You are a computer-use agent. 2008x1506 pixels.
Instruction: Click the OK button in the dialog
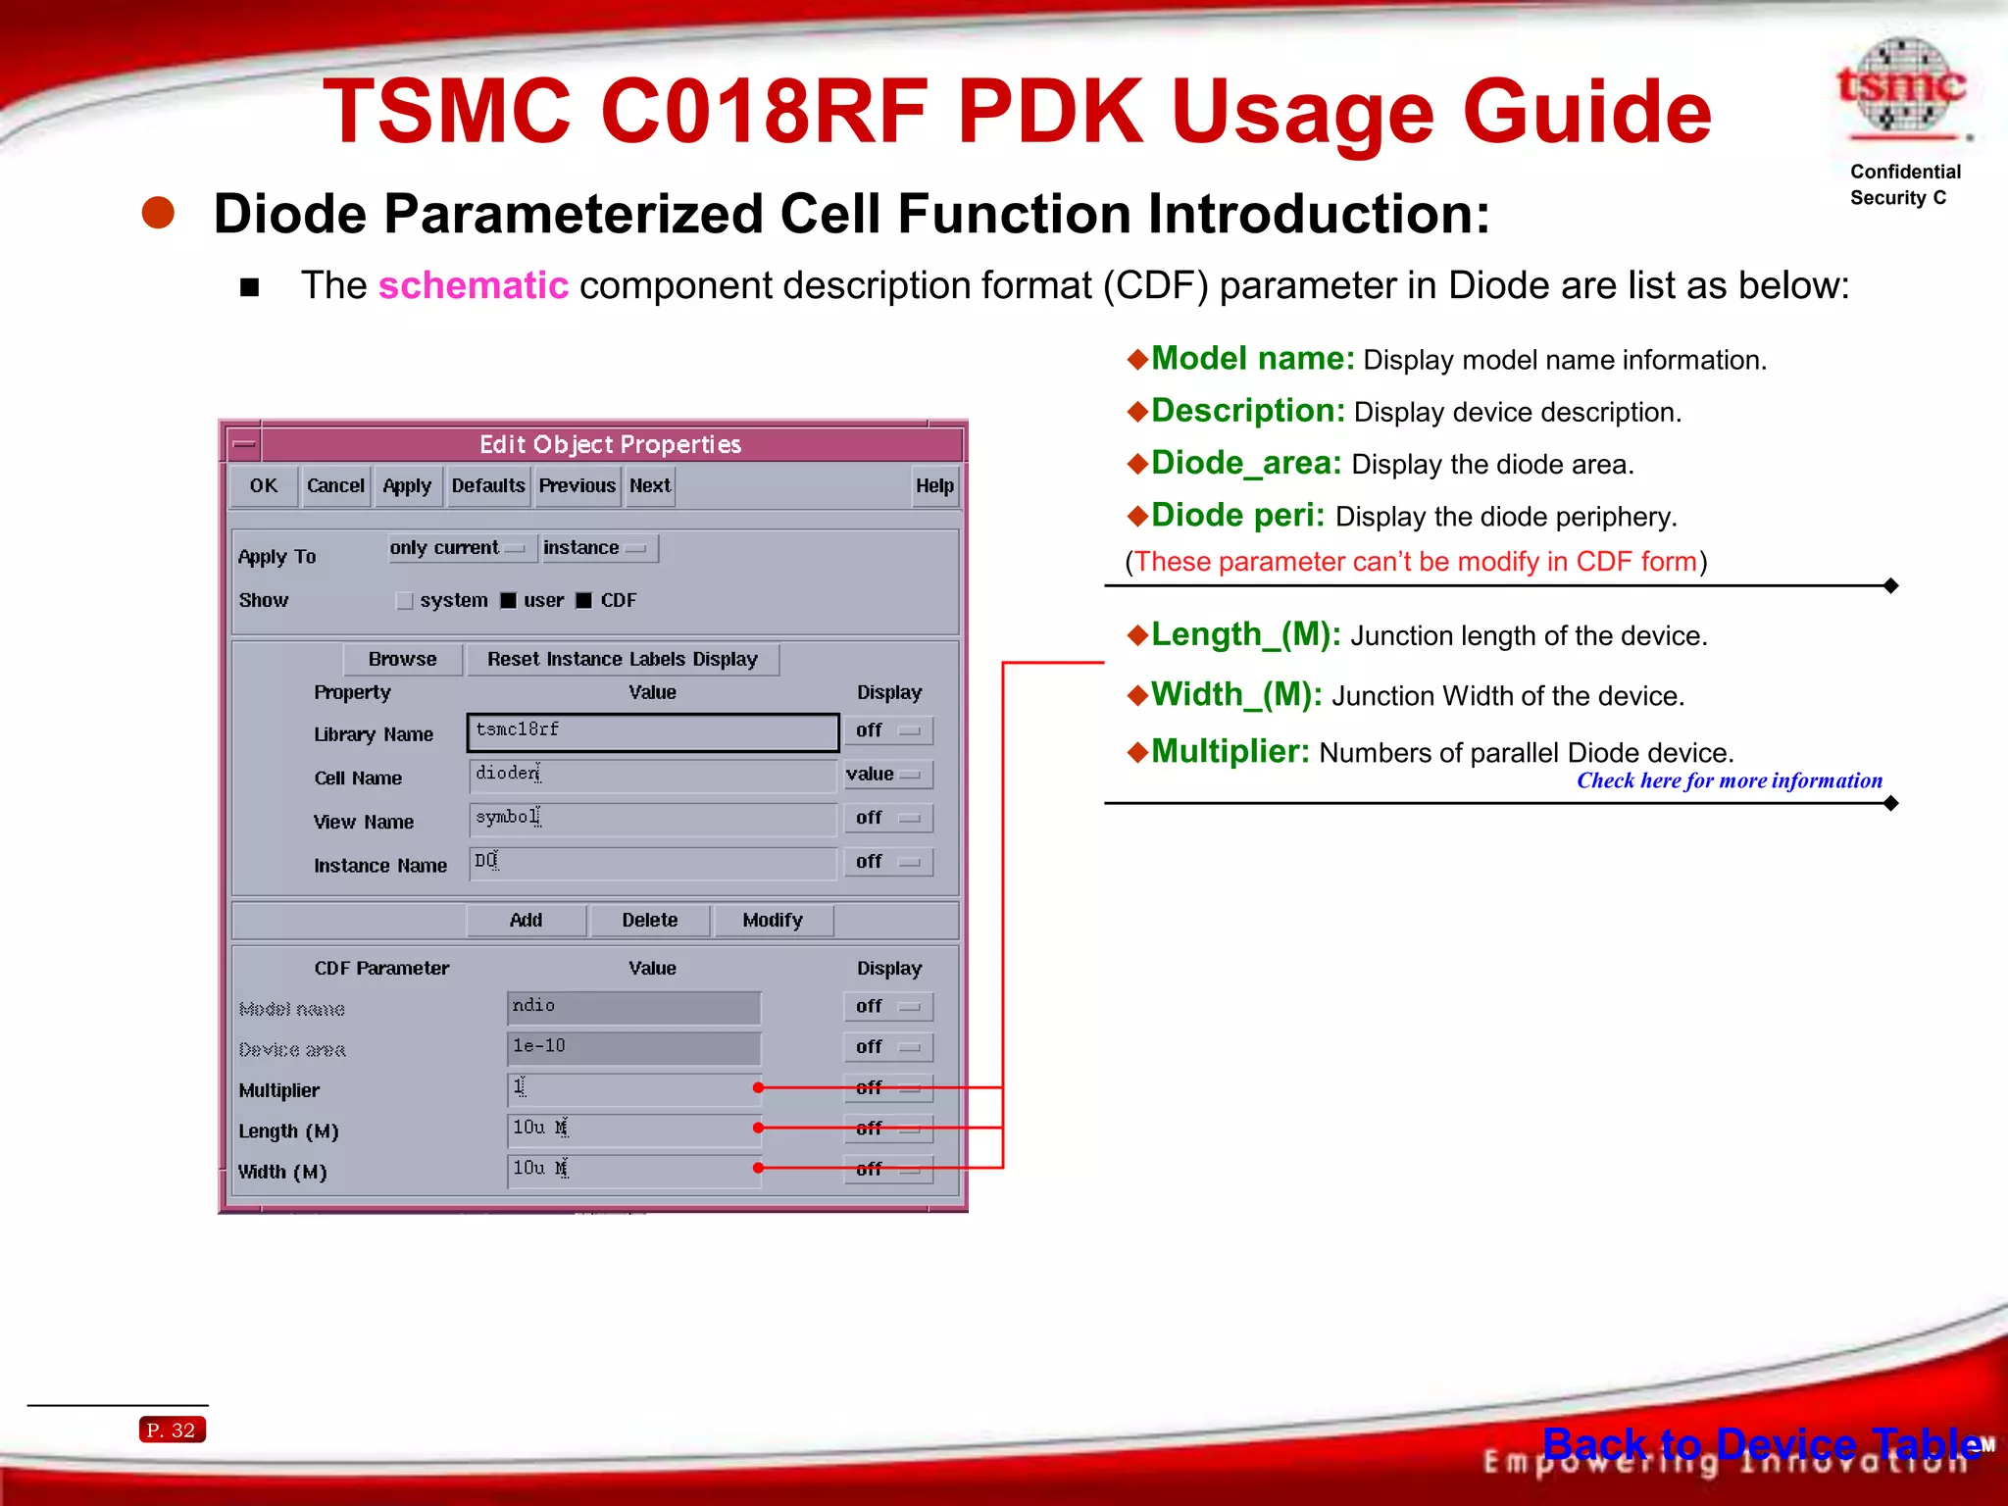pyautogui.click(x=263, y=486)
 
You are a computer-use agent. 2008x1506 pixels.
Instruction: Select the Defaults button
pyautogui.click(x=488, y=486)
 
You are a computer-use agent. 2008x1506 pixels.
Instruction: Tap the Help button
pyautogui.click(x=933, y=486)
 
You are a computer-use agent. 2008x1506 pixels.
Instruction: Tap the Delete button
pyautogui.click(x=649, y=921)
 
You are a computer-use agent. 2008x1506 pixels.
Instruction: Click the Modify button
pyautogui.click(x=772, y=921)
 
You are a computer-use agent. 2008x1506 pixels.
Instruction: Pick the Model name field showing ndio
pyautogui.click(x=633, y=1007)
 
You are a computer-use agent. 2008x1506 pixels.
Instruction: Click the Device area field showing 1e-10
pyautogui.click(x=633, y=1047)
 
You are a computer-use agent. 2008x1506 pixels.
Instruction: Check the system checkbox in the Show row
pyautogui.click(x=404, y=601)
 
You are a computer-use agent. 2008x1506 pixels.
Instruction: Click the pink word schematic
pyautogui.click(x=473, y=286)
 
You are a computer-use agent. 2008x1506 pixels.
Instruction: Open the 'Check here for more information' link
pyautogui.click(x=1729, y=781)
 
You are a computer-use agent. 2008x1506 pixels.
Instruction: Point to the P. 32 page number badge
pyautogui.click(x=172, y=1431)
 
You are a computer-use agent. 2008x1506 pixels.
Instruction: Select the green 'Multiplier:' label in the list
pyautogui.click(x=1230, y=752)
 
